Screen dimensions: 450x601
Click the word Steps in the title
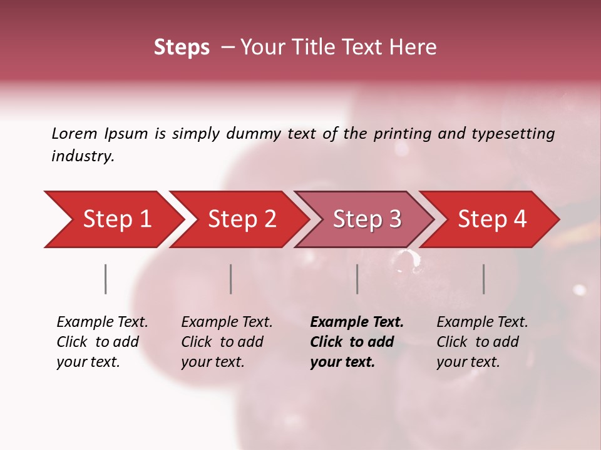point(182,47)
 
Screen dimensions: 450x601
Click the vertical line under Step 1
point(105,279)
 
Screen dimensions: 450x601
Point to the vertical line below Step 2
point(230,279)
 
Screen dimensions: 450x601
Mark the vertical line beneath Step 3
point(357,279)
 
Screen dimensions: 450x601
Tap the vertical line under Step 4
point(483,279)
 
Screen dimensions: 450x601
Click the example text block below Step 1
point(102,342)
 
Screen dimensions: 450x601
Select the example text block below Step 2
point(227,342)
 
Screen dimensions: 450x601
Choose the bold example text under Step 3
point(356,342)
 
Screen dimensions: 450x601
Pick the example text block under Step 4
point(482,342)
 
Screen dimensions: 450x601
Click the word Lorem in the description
point(74,133)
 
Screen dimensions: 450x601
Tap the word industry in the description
point(83,156)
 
